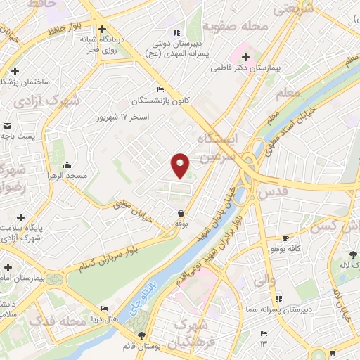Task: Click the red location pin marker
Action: coord(181,165)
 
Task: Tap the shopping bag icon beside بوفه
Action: coord(181,213)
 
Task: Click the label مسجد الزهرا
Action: coord(67,175)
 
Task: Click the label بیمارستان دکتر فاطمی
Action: coord(276,70)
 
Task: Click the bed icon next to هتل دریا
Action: coord(105,309)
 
